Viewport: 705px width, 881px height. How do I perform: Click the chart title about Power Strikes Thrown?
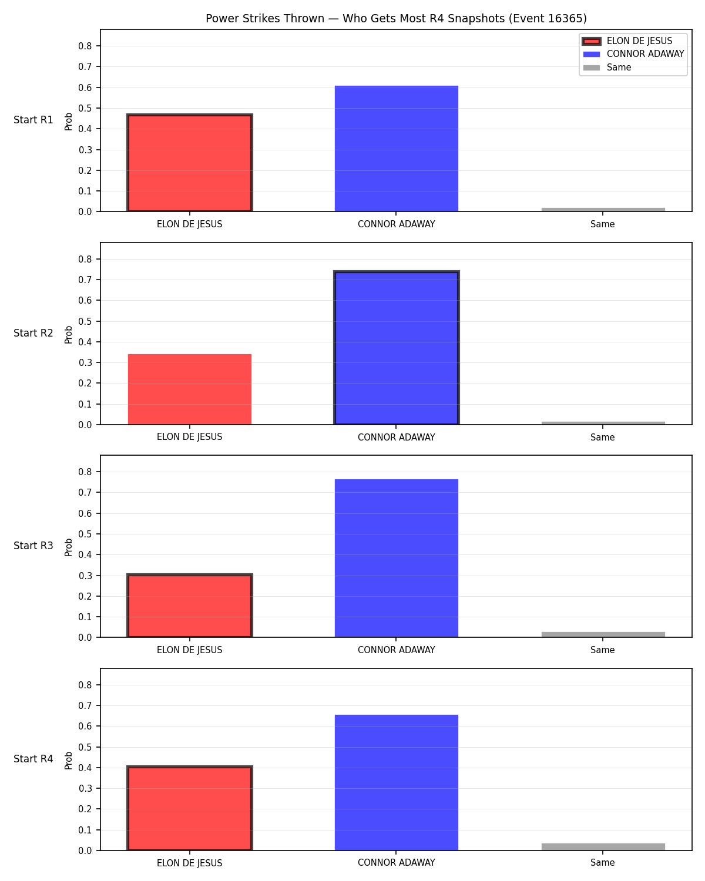click(396, 18)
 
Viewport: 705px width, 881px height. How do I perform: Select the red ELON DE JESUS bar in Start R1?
click(190, 163)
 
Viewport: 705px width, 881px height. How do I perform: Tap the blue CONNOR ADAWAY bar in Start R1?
click(396, 149)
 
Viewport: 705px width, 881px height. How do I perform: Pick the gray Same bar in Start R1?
click(603, 210)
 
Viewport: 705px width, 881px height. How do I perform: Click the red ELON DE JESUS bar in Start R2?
click(190, 389)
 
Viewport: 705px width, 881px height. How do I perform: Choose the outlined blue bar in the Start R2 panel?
click(396, 348)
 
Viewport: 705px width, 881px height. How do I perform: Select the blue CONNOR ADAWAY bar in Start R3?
click(396, 558)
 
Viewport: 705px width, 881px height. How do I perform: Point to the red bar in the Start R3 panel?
click(190, 606)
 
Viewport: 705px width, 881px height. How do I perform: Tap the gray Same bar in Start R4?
click(603, 846)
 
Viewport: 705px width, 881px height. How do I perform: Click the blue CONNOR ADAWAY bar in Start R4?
click(396, 782)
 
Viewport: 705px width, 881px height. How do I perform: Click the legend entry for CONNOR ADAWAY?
click(633, 54)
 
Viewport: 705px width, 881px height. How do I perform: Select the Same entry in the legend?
click(607, 68)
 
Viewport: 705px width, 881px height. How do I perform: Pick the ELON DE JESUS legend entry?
click(627, 41)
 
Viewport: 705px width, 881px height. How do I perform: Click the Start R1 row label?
click(33, 120)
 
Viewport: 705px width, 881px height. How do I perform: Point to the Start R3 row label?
click(33, 546)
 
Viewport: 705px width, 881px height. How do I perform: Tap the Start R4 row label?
click(33, 759)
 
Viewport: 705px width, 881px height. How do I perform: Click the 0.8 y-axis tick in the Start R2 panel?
click(85, 259)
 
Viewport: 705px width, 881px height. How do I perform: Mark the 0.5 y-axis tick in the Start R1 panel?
click(85, 109)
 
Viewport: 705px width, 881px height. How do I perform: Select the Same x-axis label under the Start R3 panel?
click(603, 650)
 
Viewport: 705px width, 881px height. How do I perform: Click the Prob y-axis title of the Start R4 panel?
click(68, 760)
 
